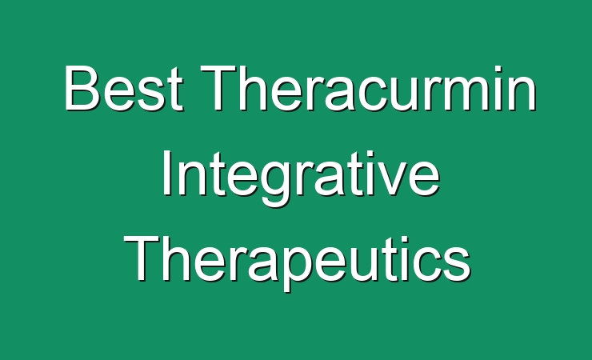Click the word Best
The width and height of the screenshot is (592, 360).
pos(123,88)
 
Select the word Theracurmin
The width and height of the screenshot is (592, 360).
pos(369,88)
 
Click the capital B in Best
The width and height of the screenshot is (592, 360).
pos(82,87)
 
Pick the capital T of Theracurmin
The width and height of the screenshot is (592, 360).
pos(218,87)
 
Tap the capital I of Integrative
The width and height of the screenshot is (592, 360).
pos(166,174)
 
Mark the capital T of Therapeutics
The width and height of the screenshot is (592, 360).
pos(142,258)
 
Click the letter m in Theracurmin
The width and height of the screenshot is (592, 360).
pos(473,94)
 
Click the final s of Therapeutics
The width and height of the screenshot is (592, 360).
pos(458,265)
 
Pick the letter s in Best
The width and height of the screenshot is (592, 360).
pos(154,94)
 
